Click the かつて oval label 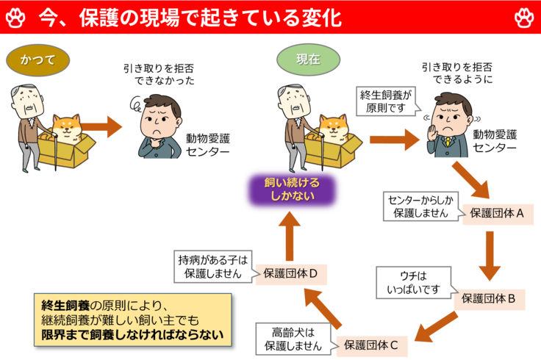click(x=37, y=60)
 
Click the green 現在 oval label click(x=308, y=60)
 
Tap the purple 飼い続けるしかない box click(x=292, y=190)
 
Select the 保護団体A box click(x=498, y=213)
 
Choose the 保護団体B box click(x=489, y=299)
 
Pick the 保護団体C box click(x=372, y=343)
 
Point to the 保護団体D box click(x=290, y=273)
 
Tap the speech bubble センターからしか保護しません click(x=421, y=206)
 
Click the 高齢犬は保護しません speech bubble click(x=292, y=337)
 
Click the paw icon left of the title click(x=17, y=17)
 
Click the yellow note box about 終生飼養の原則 click(x=132, y=321)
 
